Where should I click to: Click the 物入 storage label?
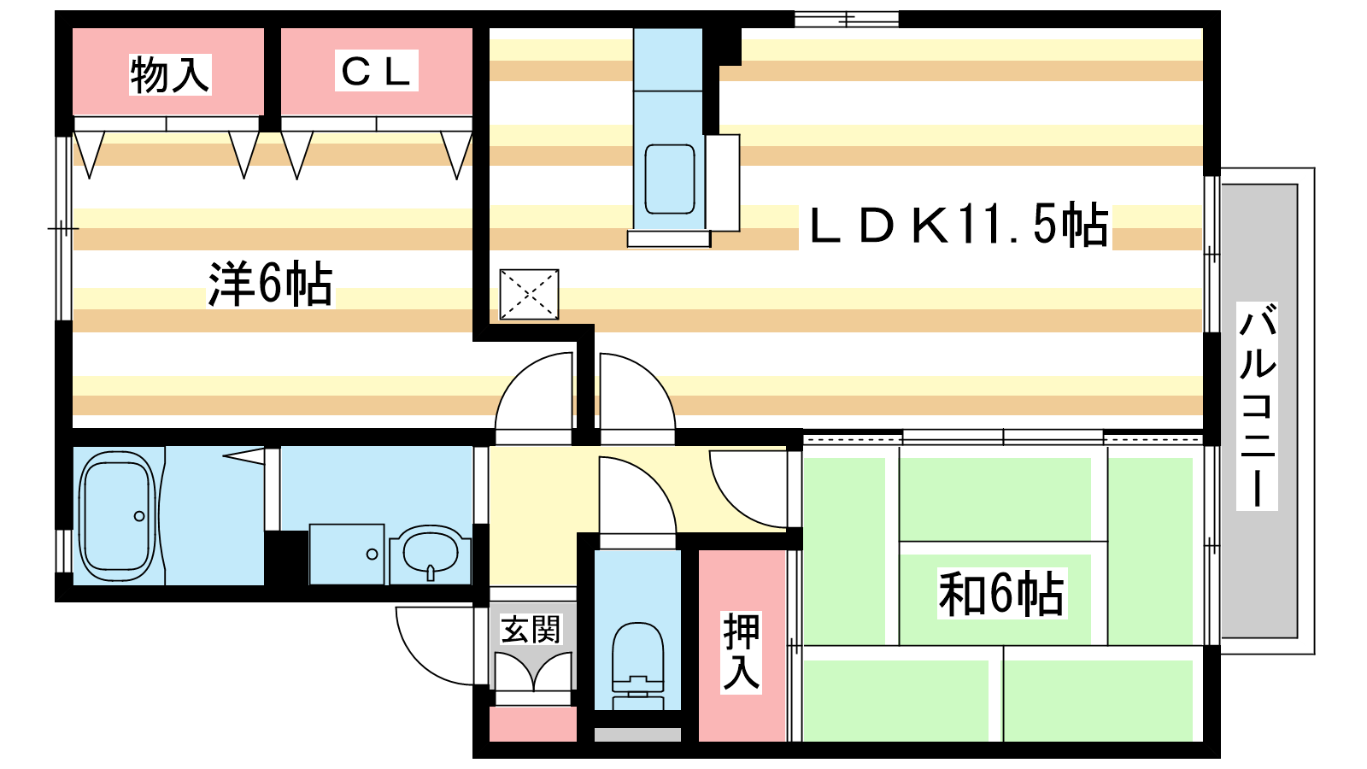[x=170, y=74]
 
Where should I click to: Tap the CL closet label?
[x=376, y=71]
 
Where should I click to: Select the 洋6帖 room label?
[x=271, y=284]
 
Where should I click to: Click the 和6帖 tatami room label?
[x=1001, y=594]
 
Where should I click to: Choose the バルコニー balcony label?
[x=1257, y=405]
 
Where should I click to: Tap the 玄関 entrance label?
[x=531, y=629]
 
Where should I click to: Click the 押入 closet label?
[x=742, y=652]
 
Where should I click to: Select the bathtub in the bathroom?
[x=117, y=516]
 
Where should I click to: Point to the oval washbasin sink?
[x=431, y=552]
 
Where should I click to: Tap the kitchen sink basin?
[x=670, y=179]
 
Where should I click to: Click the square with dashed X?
[x=529, y=294]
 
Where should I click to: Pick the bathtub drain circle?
[x=139, y=516]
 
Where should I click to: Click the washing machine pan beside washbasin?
[x=347, y=555]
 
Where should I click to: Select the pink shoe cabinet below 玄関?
[x=533, y=724]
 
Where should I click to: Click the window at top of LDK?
[x=847, y=20]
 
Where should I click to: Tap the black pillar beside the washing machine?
[x=285, y=558]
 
